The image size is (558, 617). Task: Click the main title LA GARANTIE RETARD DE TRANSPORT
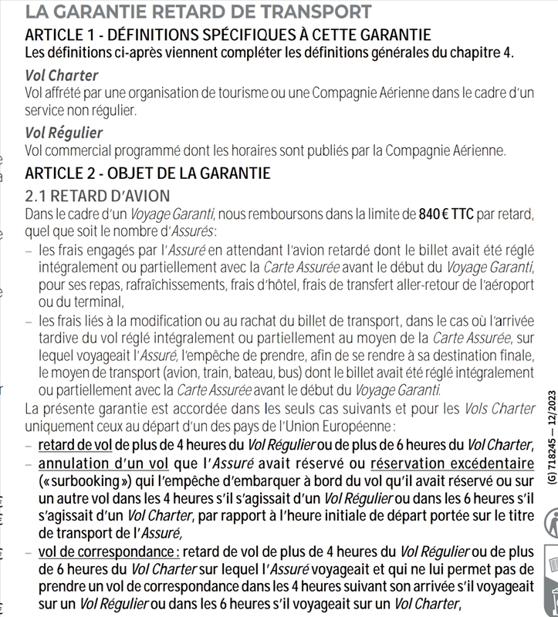(x=198, y=12)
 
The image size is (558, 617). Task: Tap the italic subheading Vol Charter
(x=62, y=76)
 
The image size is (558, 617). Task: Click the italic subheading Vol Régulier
(x=63, y=133)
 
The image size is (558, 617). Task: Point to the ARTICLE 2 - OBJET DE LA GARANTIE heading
(x=147, y=173)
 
